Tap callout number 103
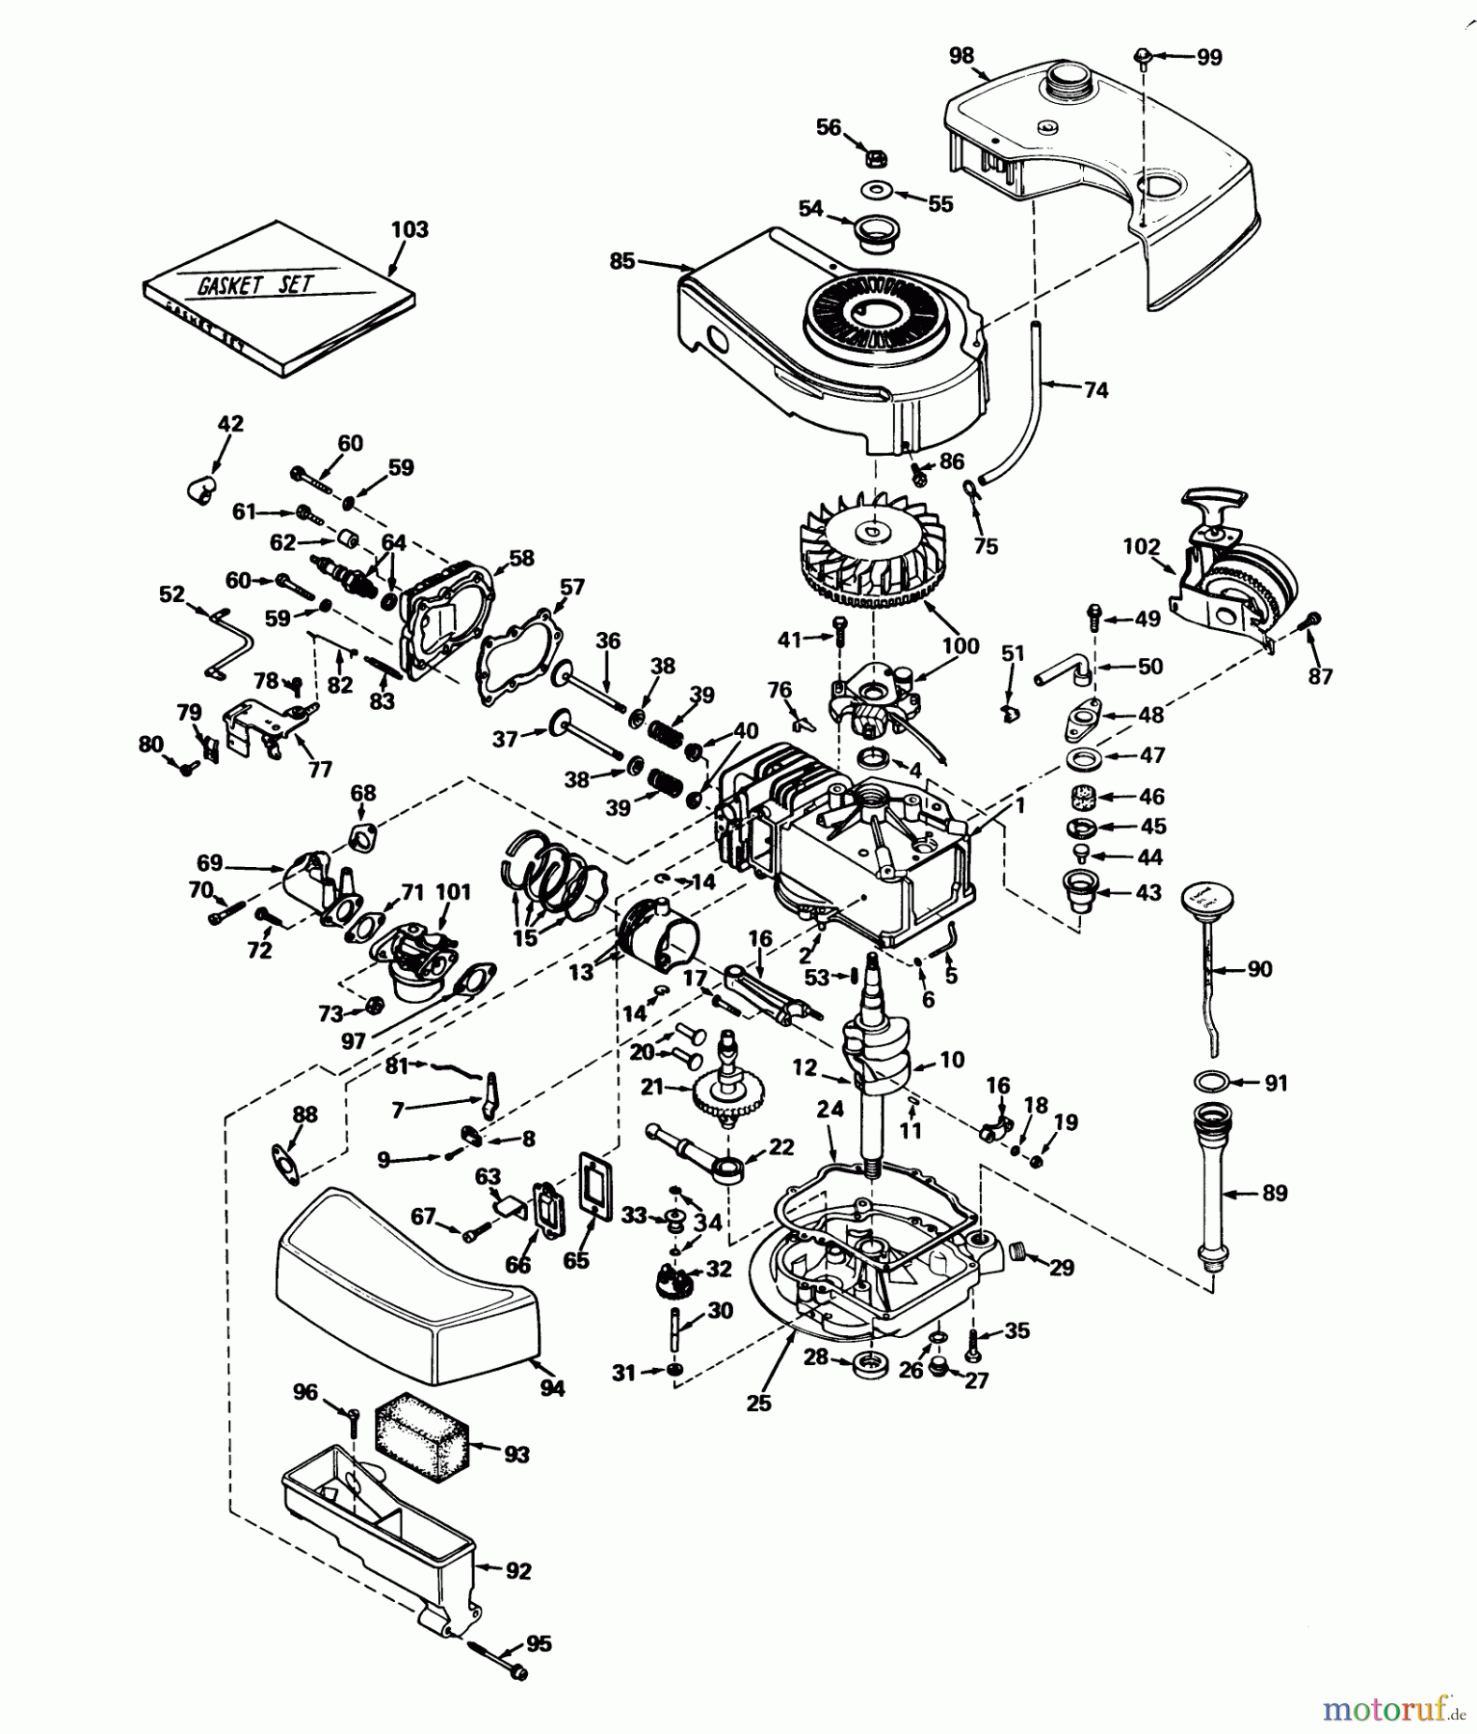point(409,229)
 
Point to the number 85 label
point(622,260)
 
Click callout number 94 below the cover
point(552,1388)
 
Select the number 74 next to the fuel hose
point(1095,390)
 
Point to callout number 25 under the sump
point(759,1403)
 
